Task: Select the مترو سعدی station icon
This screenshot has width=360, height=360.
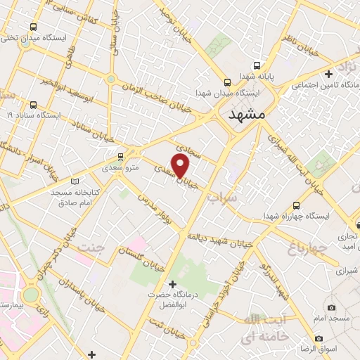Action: tap(121, 155)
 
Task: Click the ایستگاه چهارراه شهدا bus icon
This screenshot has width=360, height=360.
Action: tap(296, 206)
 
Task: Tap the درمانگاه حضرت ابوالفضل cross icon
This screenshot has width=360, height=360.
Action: tap(173, 284)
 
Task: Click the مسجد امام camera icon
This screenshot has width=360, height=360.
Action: tap(332, 307)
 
